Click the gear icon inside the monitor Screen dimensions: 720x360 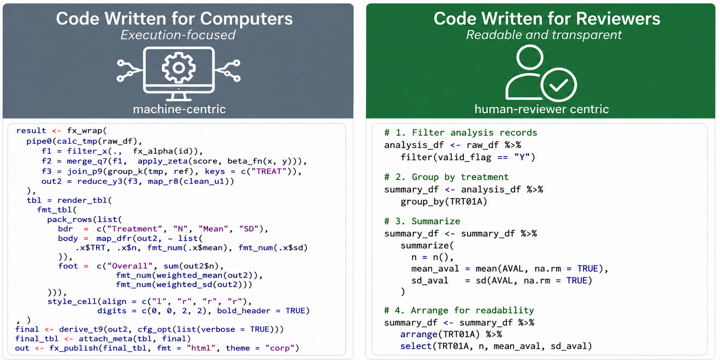click(179, 67)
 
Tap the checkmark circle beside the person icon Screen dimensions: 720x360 click(559, 85)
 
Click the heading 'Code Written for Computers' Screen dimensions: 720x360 click(175, 19)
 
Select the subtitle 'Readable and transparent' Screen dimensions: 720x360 click(544, 35)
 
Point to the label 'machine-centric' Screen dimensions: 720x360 click(179, 109)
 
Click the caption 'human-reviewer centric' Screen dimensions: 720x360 click(542, 109)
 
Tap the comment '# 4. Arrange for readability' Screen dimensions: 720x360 click(459, 310)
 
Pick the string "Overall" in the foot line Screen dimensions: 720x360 click(130, 266)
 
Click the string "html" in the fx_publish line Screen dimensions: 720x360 click(201, 348)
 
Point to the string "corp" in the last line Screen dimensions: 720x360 click(280, 348)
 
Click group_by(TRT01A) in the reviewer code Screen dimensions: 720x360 click(444, 202)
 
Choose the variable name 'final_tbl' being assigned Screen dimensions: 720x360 click(37, 338)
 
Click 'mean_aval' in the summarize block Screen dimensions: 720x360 click(435, 269)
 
